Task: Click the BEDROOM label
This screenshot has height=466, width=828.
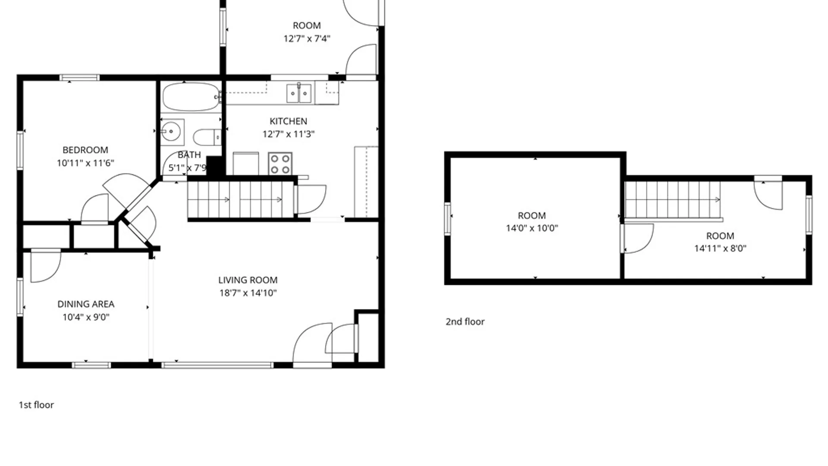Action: pos(85,150)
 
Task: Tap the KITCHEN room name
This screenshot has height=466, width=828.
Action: pos(289,121)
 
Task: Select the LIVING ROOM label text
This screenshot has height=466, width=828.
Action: pos(248,280)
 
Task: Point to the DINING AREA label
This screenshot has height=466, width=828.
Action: pos(86,304)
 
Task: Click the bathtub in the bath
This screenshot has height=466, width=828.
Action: pos(191,97)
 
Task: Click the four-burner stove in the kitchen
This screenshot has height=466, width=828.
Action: pos(280,164)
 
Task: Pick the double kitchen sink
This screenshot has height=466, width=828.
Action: pos(299,94)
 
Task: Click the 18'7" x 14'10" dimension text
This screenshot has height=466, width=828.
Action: pos(248,293)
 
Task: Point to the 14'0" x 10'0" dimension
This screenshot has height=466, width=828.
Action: pos(532,228)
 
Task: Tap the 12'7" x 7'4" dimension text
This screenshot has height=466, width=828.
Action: pos(307,38)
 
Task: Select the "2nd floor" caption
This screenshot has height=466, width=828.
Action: pos(465,321)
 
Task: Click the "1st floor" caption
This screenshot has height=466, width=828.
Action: pos(36,405)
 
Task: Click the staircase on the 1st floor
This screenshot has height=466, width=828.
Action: pos(241,200)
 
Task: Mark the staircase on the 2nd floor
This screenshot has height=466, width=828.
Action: pos(673,200)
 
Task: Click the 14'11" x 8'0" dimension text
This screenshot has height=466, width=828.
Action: pos(720,249)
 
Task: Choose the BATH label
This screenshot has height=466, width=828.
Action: pos(189,155)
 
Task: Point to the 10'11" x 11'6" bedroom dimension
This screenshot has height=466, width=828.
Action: pos(85,163)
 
